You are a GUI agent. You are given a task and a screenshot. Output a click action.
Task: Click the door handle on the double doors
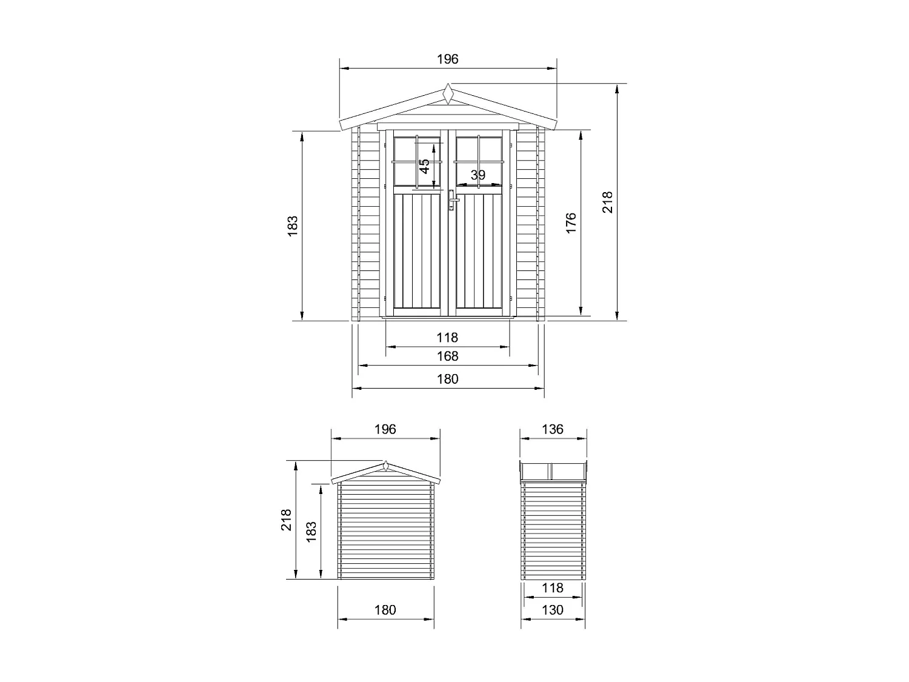point(451,199)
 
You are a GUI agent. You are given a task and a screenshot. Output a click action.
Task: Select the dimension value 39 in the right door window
point(478,175)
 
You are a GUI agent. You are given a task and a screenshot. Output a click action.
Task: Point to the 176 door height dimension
point(570,223)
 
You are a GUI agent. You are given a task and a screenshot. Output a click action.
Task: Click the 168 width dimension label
point(447,356)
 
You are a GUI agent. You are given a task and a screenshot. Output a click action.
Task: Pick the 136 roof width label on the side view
point(553,429)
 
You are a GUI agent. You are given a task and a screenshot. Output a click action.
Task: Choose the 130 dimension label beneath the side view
point(552,610)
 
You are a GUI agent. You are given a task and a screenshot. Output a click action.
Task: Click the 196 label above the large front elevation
point(447,59)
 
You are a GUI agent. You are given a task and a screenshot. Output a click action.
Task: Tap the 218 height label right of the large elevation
point(607,202)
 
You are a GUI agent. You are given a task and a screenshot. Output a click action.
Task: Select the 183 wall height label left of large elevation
point(293,226)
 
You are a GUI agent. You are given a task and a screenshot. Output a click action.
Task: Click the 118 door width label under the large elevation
point(447,338)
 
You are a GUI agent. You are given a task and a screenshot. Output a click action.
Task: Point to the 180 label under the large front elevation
point(447,379)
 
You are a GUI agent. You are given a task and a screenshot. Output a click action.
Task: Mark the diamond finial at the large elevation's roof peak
point(448,94)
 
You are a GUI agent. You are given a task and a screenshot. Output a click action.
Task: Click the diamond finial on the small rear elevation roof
point(385,466)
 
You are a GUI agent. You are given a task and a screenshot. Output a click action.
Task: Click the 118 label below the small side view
point(552,588)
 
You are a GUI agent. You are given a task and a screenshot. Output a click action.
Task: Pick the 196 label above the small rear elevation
point(385,429)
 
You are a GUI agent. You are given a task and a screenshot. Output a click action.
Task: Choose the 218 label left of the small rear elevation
point(286,520)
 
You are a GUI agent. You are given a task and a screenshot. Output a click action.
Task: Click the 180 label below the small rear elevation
point(385,610)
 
